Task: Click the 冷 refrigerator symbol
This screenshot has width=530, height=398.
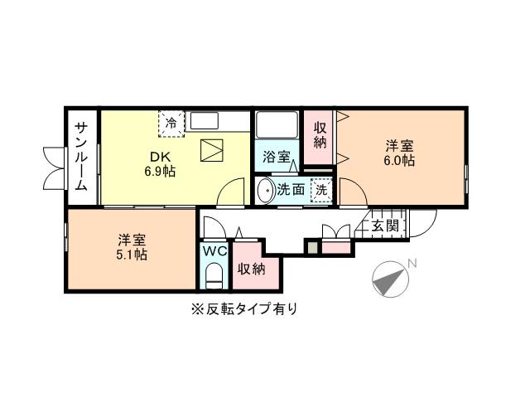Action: click(171, 123)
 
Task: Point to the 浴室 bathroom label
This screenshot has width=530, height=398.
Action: click(277, 156)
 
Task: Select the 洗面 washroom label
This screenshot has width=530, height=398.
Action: click(289, 189)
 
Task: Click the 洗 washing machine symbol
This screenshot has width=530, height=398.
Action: click(321, 189)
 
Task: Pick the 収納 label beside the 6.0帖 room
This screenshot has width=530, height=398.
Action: click(320, 134)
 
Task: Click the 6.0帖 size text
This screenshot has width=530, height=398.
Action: click(399, 162)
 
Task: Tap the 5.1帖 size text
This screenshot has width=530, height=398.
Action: click(131, 255)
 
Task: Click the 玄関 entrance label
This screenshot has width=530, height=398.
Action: click(385, 225)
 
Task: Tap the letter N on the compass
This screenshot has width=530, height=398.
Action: click(413, 265)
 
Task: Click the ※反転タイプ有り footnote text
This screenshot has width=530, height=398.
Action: click(243, 309)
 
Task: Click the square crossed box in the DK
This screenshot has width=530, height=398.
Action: click(213, 152)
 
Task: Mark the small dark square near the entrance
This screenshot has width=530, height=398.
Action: click(311, 246)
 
